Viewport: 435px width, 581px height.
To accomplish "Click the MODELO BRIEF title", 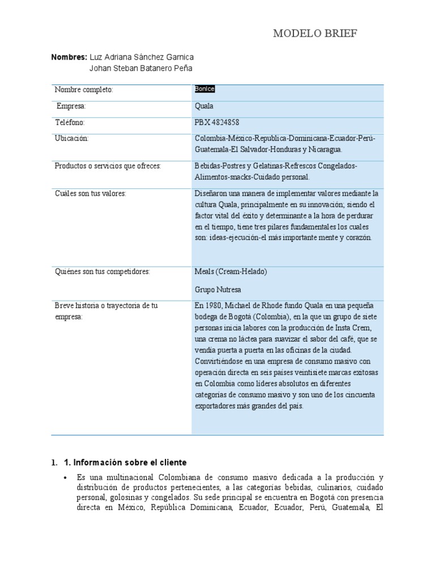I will click(x=315, y=35).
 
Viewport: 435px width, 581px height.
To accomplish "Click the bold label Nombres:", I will click(x=69, y=57).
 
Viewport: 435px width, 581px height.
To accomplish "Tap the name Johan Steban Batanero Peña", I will click(x=141, y=68).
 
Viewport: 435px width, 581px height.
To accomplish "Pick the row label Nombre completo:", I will click(x=84, y=90).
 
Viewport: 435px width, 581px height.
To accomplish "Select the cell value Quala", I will click(x=204, y=106).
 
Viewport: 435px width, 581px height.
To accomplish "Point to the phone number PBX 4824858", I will click(x=217, y=122).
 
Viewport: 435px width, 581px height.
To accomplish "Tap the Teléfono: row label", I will click(x=70, y=122).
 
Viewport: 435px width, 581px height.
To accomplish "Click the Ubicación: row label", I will click(x=72, y=138).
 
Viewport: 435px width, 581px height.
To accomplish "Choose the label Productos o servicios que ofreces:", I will click(x=108, y=166).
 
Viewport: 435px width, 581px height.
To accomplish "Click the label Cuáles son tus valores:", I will click(x=90, y=193).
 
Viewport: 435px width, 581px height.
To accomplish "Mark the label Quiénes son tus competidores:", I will click(x=102, y=272).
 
